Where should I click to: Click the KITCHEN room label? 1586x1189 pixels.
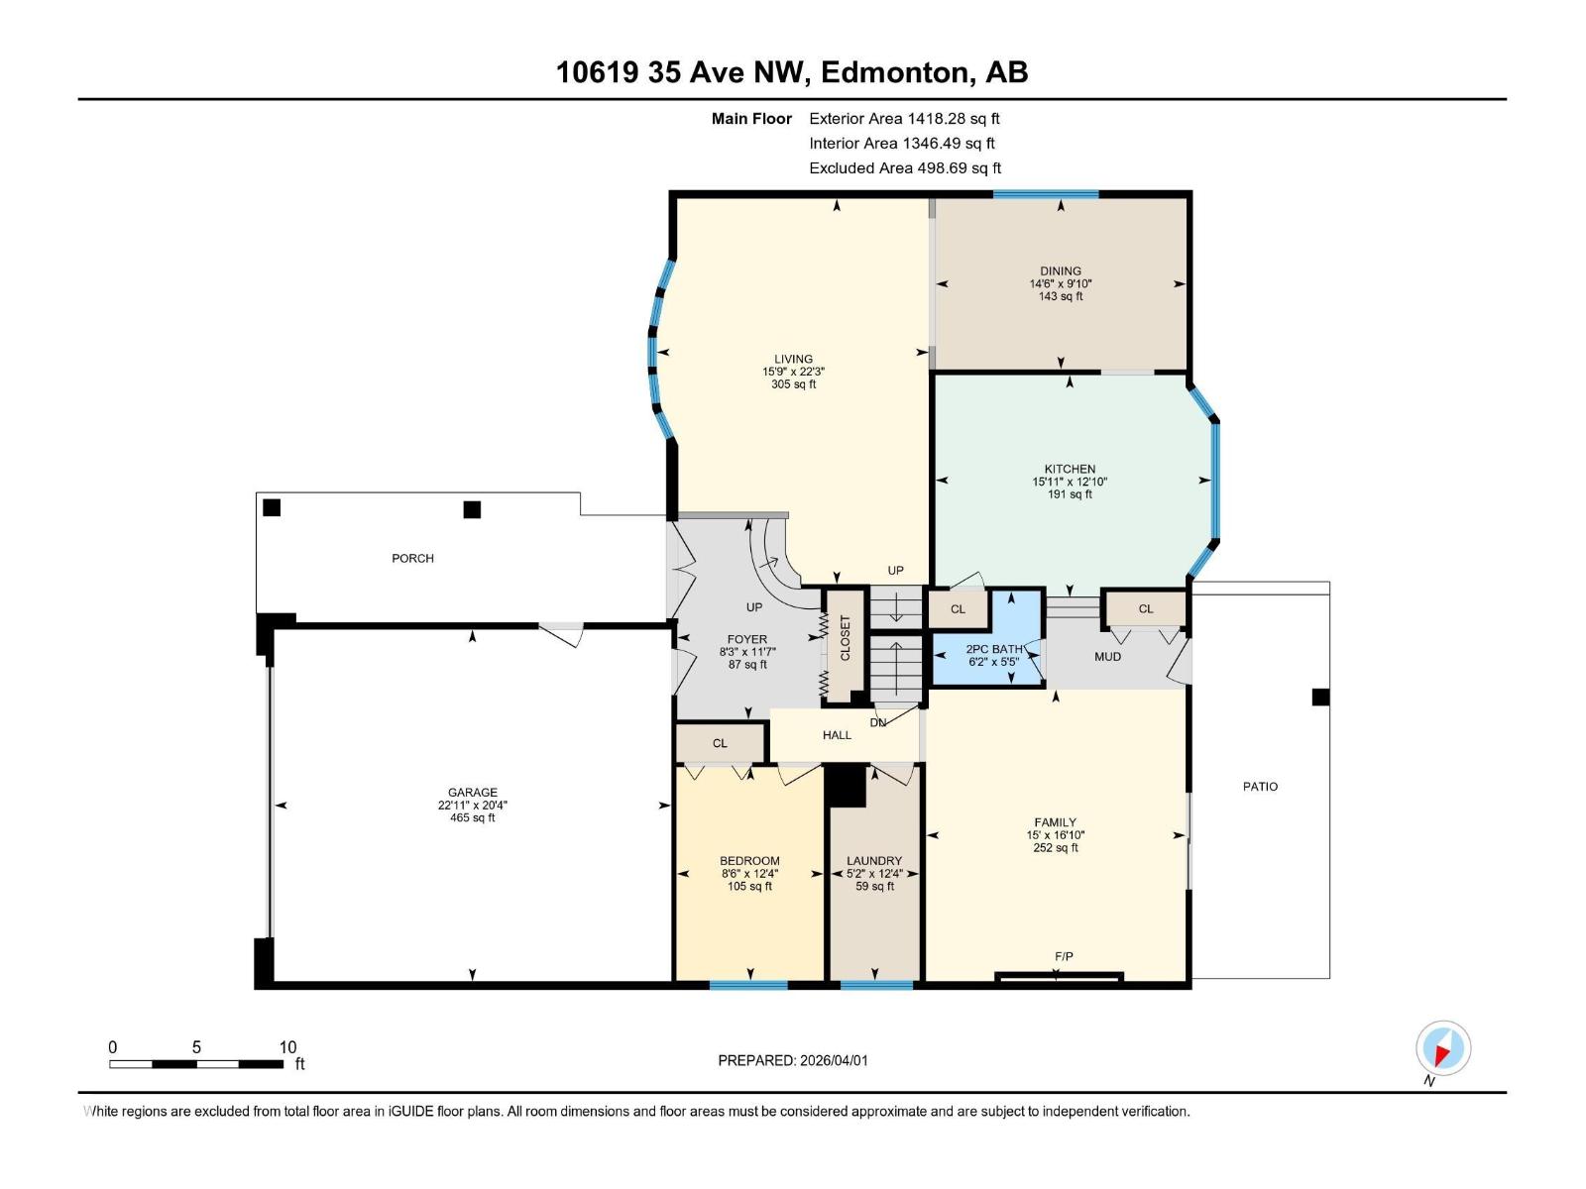(x=1070, y=469)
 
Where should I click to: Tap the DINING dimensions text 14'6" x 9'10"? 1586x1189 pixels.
(x=1061, y=283)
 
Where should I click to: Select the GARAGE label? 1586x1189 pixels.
(x=472, y=792)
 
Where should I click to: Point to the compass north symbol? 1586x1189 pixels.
(x=1443, y=1048)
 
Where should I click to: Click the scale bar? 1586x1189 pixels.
(x=196, y=1064)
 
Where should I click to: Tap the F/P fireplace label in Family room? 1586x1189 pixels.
(x=1064, y=956)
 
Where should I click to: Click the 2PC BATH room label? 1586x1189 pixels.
(x=994, y=649)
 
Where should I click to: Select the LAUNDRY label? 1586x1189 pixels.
(x=874, y=861)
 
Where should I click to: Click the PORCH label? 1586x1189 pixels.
(x=412, y=558)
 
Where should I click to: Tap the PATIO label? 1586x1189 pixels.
(x=1260, y=786)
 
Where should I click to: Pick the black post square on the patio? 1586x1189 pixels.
(x=1320, y=697)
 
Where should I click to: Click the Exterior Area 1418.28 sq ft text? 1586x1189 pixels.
(x=904, y=118)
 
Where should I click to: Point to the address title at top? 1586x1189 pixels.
(x=792, y=72)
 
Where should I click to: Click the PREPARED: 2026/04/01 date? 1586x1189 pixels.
(x=792, y=1060)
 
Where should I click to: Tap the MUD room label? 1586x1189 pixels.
(x=1107, y=656)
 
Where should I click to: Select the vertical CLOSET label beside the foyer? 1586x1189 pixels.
(x=846, y=638)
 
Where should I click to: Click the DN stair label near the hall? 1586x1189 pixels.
(x=878, y=722)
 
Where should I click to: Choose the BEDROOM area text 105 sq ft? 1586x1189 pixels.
(x=749, y=886)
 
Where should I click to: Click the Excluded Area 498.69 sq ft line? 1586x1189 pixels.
(x=905, y=167)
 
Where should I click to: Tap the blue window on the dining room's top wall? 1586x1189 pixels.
(x=1046, y=194)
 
